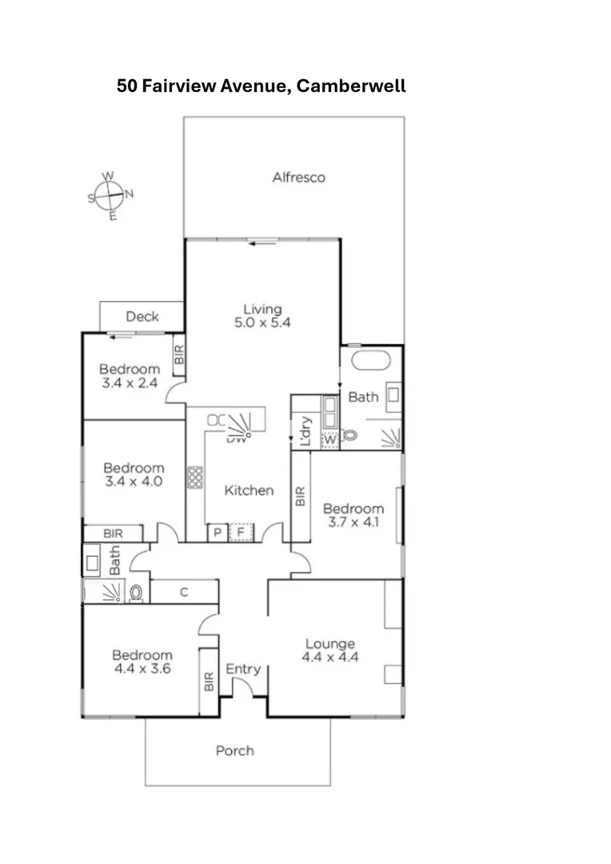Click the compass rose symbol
(x=110, y=194)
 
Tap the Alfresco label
(x=298, y=178)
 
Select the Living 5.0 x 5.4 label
(x=263, y=316)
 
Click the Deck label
(x=142, y=316)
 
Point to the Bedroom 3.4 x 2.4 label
(x=130, y=376)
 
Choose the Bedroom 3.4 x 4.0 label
(x=134, y=474)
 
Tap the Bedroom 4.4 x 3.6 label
(x=142, y=661)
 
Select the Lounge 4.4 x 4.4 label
(x=329, y=650)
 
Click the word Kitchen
(x=249, y=490)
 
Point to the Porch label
(x=235, y=750)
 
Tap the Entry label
(x=242, y=669)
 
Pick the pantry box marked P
(x=217, y=533)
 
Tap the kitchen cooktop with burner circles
(x=194, y=478)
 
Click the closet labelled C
(x=185, y=592)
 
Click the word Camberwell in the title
(x=351, y=86)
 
